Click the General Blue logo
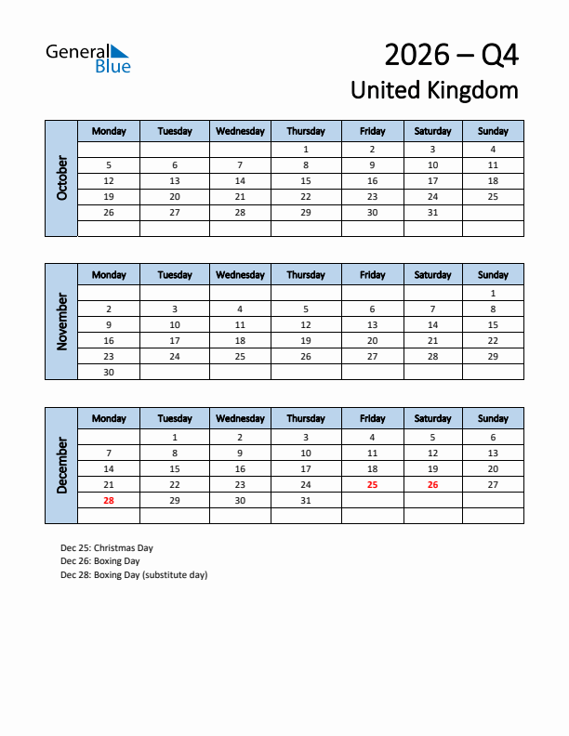tap(88, 58)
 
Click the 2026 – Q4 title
tap(451, 56)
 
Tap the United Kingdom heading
tap(434, 90)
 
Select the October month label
tap(61, 177)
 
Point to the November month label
tap(61, 321)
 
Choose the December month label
tap(61, 465)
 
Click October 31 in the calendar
tap(432, 213)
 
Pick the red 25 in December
tap(372, 484)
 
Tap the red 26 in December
tap(432, 484)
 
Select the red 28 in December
tap(109, 500)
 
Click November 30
tap(109, 372)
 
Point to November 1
tap(493, 293)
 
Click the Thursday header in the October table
tap(306, 131)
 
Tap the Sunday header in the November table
tap(493, 275)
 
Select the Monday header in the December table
tap(109, 418)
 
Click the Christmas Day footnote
tap(107, 548)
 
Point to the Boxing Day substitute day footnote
tap(134, 574)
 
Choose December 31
tap(306, 500)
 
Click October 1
tap(306, 149)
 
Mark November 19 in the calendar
tap(306, 340)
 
